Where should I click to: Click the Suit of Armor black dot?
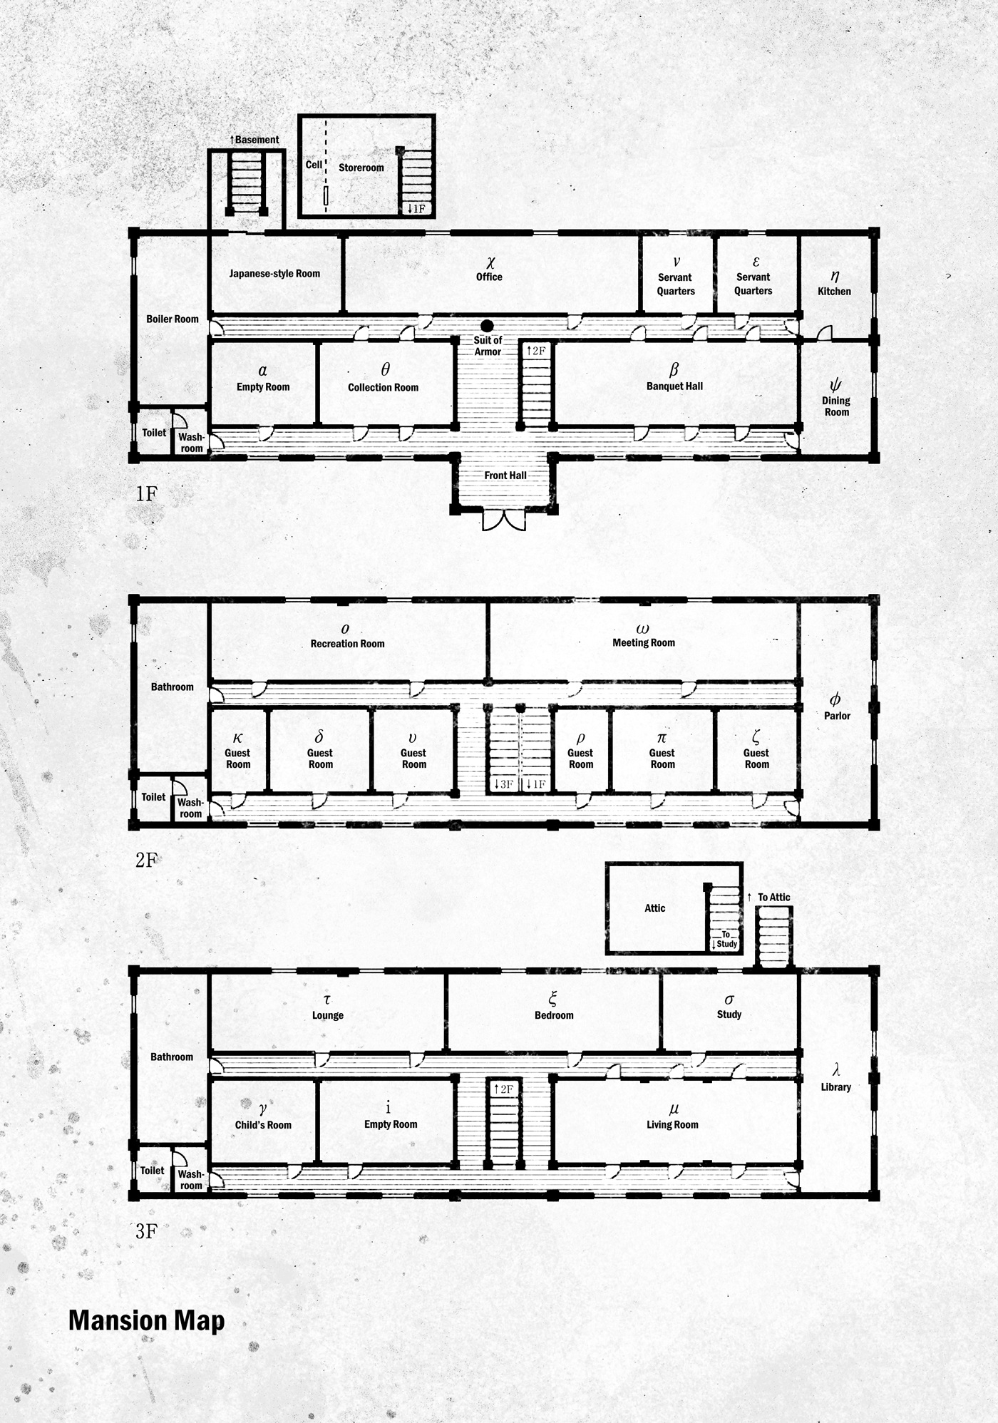[x=488, y=326]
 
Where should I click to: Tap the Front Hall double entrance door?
[x=504, y=520]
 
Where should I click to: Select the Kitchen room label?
[x=835, y=291]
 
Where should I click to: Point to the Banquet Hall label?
[x=674, y=386]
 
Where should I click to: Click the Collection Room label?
[x=384, y=387]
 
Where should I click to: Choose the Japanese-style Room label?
[x=274, y=274]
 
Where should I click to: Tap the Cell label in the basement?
[x=314, y=165]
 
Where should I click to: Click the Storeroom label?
[x=361, y=168]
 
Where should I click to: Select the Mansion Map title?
[x=147, y=1321]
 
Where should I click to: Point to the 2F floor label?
[x=146, y=860]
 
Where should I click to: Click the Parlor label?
[x=838, y=716]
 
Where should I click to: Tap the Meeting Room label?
[x=644, y=642]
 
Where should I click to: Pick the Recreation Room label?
[x=347, y=644]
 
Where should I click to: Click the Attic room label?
[x=655, y=908]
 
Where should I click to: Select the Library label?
[x=836, y=1087]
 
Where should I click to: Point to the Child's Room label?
[x=263, y=1125]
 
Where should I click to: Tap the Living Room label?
[x=672, y=1125]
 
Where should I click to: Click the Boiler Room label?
[x=173, y=319]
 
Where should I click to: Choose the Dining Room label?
[x=836, y=406]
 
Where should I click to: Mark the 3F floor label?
[x=146, y=1231]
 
